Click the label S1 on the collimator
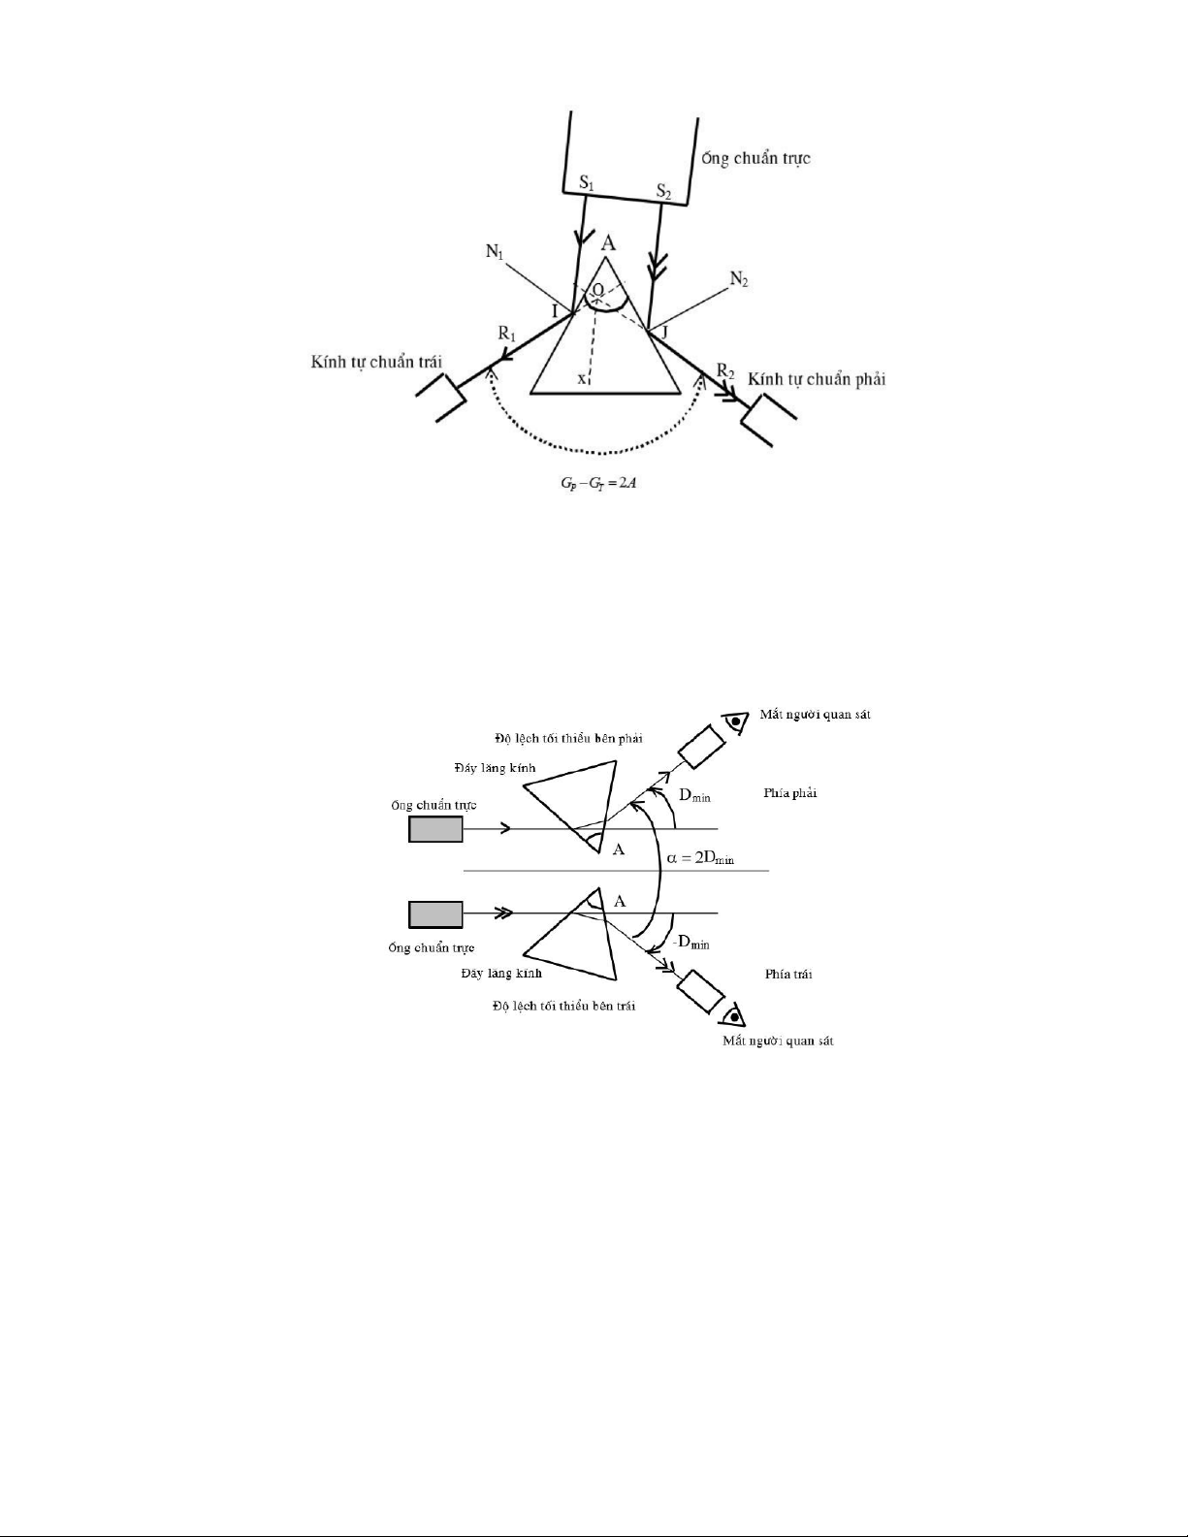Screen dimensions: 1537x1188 pos(585,182)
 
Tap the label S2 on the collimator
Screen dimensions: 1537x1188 pos(663,192)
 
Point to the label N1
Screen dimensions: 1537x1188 pos(496,252)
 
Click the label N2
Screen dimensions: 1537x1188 pos(739,280)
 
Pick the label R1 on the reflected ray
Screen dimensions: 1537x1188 pos(507,333)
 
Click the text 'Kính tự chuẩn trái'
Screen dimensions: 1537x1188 pos(376,362)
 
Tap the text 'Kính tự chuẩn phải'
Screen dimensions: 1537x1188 pos(817,378)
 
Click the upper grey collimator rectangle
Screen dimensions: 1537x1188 pos(435,829)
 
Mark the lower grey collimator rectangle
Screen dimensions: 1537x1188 pos(435,913)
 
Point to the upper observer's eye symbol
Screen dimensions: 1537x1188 pos(737,721)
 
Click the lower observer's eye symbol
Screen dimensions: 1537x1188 pos(734,1015)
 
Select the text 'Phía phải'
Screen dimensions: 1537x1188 pos(790,793)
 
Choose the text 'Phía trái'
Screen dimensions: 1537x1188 pos(788,974)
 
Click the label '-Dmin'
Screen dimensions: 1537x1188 pos(691,943)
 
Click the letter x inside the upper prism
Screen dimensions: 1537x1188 pos(582,379)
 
